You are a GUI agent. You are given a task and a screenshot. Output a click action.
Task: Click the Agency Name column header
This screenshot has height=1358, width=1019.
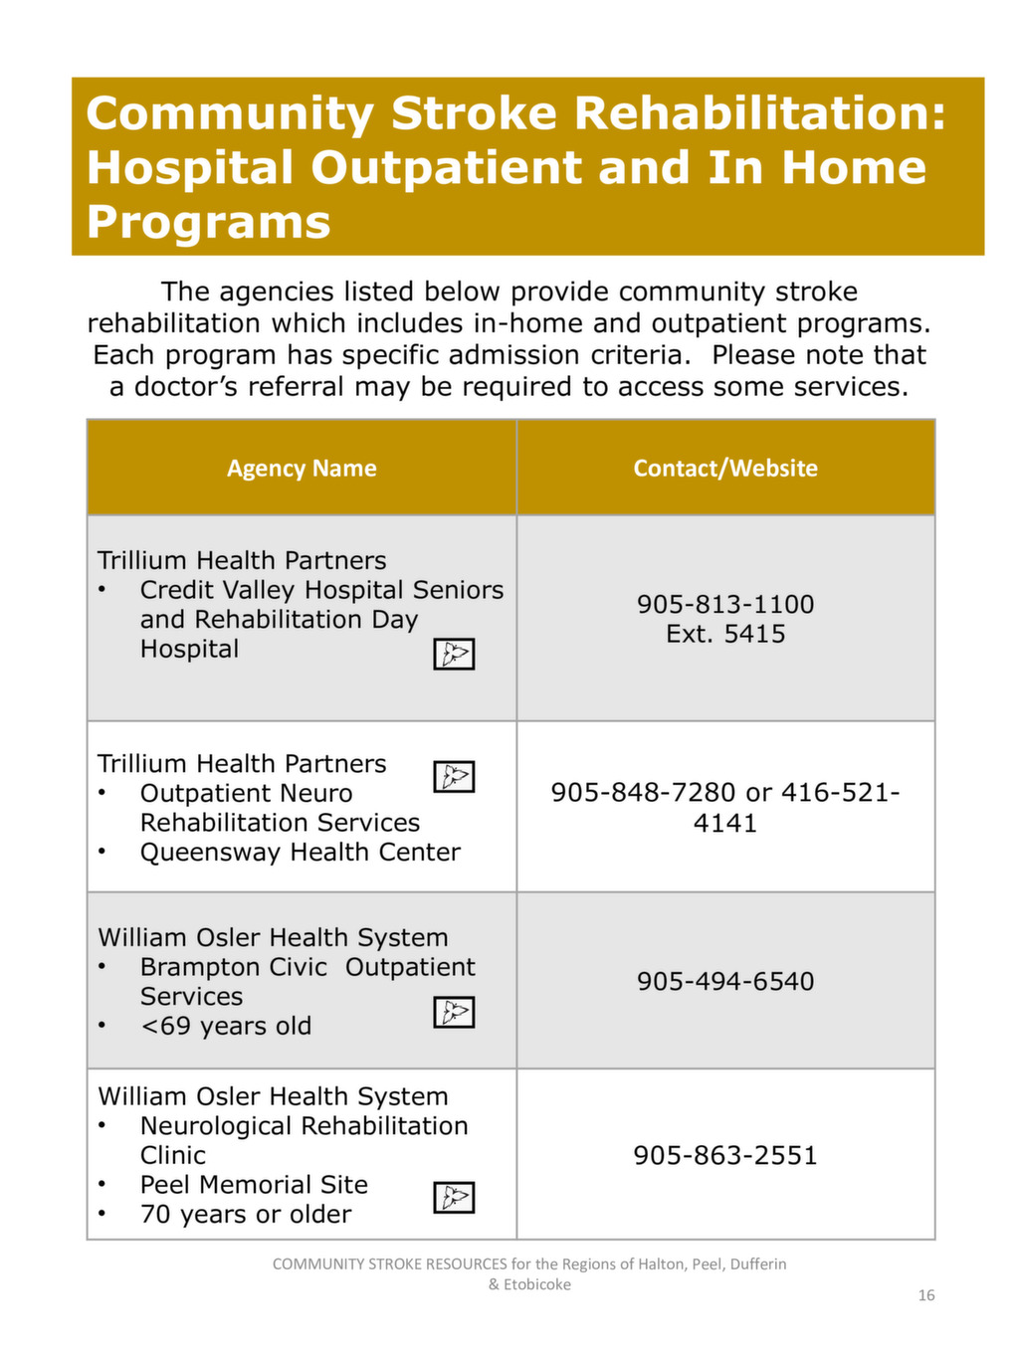[302, 469]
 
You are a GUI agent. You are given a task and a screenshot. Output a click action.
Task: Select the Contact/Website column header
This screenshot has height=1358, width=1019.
[725, 469]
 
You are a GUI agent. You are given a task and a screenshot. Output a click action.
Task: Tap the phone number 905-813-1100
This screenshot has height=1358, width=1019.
[725, 604]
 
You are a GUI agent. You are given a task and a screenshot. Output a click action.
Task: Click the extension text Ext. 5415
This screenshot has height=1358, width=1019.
[725, 634]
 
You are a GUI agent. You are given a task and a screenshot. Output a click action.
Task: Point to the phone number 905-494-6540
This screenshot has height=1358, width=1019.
[725, 981]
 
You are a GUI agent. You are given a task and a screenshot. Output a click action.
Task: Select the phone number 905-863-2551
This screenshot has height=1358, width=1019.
[725, 1155]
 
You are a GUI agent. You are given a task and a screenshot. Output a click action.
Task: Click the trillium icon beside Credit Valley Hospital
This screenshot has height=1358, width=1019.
[454, 654]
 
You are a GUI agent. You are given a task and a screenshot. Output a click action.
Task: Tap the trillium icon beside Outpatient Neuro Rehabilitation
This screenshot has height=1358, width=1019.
[454, 776]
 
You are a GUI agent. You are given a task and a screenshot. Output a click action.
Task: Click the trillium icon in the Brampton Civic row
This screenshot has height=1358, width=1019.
[454, 1012]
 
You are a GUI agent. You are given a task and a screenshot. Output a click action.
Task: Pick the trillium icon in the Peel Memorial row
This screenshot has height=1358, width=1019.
[454, 1197]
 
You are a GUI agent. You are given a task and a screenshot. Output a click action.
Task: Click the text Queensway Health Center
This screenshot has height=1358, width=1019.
[300, 853]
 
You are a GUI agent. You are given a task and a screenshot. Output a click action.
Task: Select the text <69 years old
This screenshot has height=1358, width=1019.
[226, 1026]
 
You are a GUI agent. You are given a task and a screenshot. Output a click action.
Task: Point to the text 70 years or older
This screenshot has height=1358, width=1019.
[246, 1215]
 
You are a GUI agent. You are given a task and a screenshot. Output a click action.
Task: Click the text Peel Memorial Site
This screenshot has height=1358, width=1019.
[254, 1185]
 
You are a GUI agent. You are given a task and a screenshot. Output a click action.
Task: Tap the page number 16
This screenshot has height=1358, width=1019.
[926, 1295]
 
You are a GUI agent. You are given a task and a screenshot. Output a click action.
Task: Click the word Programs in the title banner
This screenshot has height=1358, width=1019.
[208, 221]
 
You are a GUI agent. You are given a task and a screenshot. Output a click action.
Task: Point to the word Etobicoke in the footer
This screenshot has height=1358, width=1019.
[537, 1284]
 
